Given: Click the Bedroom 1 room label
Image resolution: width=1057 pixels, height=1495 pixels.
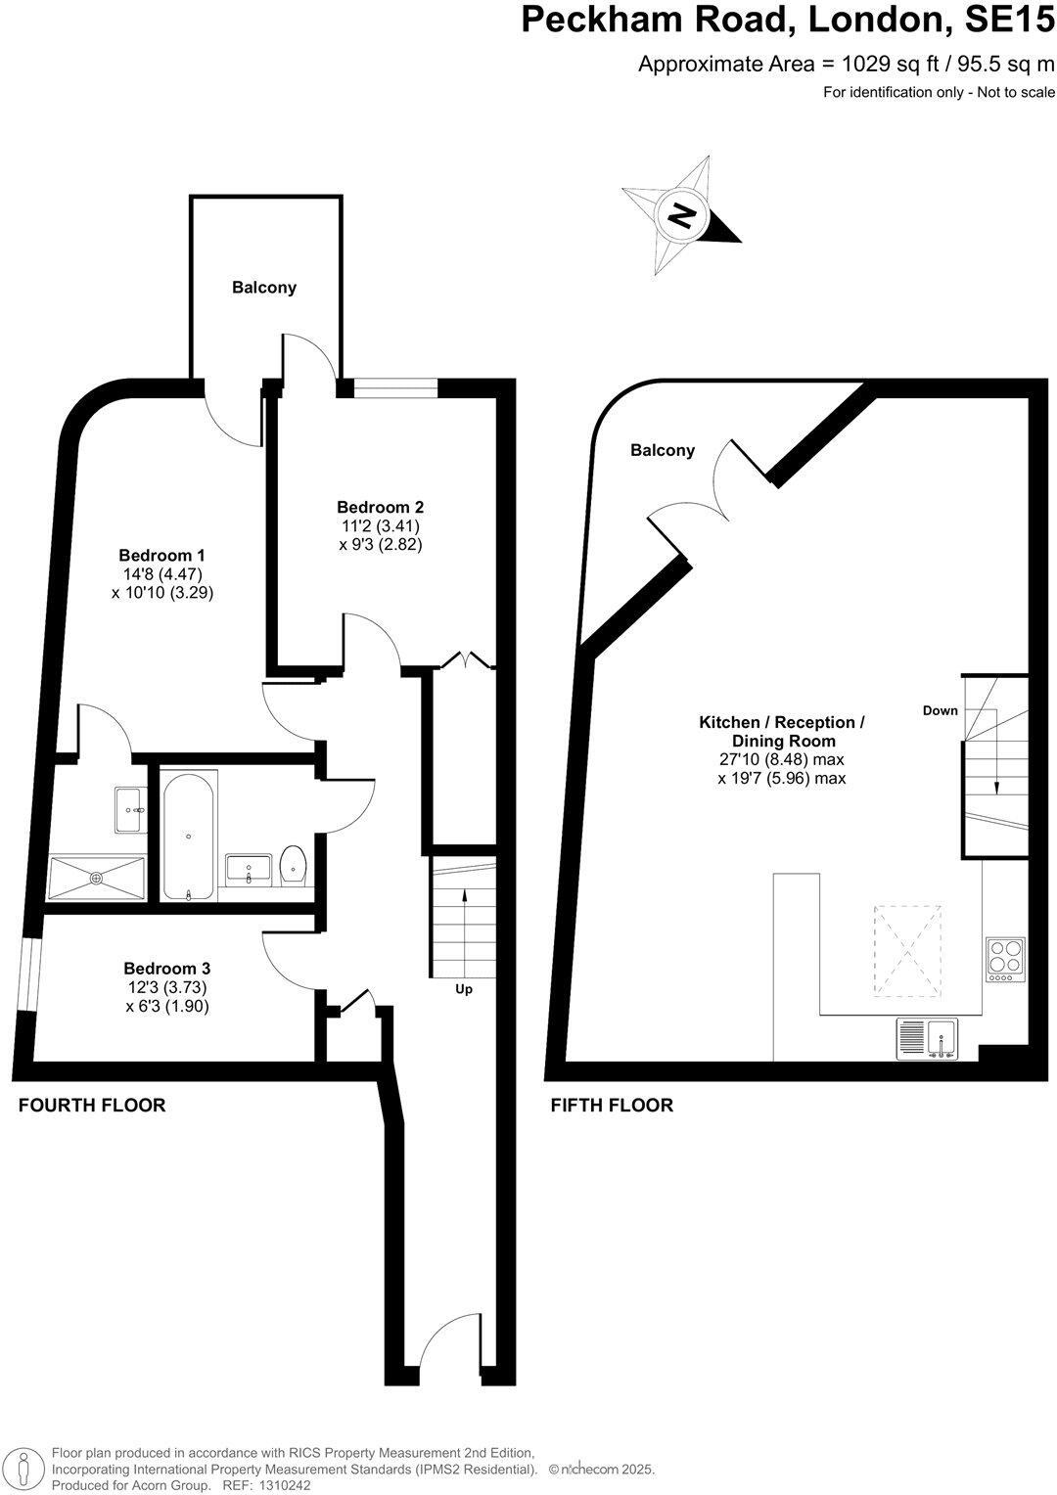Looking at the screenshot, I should click(x=161, y=555).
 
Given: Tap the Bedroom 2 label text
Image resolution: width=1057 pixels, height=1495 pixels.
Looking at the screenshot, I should click(x=380, y=507).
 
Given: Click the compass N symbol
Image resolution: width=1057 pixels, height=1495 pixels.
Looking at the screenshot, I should click(x=681, y=213).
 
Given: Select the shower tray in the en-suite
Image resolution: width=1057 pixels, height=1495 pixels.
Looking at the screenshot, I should click(x=97, y=877).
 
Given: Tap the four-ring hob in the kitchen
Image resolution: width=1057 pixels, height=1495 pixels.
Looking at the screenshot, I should click(x=1005, y=959).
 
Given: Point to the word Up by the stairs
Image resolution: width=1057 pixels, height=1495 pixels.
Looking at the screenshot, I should click(x=464, y=989).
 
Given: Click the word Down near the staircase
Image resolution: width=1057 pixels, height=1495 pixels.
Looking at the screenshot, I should click(x=940, y=710).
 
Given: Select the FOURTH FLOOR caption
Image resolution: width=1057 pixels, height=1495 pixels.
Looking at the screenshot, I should click(x=92, y=1106).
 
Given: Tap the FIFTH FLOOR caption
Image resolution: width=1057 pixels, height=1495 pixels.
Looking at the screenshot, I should click(x=612, y=1106).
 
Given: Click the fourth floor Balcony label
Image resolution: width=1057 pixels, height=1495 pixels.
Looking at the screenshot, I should click(x=264, y=288).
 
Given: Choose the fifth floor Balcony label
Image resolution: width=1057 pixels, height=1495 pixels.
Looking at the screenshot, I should click(x=663, y=450).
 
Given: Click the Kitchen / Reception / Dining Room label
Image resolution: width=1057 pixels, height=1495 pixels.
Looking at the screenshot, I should click(x=781, y=731).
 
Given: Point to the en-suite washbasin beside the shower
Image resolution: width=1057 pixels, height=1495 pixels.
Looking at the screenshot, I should click(x=128, y=810).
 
